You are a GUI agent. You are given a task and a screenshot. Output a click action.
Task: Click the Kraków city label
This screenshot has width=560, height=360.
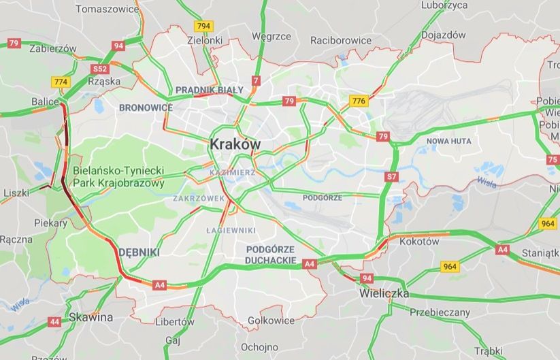click(x=235, y=144)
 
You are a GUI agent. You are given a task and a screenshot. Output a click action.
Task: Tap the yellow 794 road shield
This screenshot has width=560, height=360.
click(x=203, y=26)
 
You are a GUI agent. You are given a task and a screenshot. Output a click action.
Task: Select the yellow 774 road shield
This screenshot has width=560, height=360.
click(x=61, y=82)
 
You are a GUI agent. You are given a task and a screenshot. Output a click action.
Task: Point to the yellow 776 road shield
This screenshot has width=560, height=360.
click(x=359, y=101)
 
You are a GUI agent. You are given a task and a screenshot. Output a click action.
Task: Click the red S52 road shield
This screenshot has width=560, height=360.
click(x=100, y=69)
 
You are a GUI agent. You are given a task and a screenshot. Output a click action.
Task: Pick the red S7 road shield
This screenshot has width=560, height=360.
click(x=391, y=177)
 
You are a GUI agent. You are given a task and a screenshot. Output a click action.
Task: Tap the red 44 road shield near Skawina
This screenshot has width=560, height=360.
click(x=54, y=321)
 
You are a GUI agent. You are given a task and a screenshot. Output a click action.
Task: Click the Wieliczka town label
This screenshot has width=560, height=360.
click(x=384, y=294)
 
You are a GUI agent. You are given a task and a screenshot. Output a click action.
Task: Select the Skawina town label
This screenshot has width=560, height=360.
click(x=90, y=317)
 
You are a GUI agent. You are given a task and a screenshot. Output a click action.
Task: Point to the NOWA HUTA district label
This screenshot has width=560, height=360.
click(x=448, y=141)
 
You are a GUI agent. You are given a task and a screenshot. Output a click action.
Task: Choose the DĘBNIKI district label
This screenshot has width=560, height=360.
click(x=139, y=252)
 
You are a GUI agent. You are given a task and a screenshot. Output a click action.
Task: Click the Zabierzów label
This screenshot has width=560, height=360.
click(x=53, y=48)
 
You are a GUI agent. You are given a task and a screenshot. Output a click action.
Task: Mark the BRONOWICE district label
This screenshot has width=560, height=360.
click(x=146, y=108)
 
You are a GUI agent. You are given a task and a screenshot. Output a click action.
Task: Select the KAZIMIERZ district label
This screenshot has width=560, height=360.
click(x=233, y=173)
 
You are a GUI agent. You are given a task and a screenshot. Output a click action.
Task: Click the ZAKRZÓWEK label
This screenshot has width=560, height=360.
click(x=199, y=199)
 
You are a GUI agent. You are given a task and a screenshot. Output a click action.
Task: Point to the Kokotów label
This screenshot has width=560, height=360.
click(x=419, y=242)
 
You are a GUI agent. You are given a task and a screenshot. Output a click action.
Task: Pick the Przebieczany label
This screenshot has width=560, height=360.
click(x=440, y=312)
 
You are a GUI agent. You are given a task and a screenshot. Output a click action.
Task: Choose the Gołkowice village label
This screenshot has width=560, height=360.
click(x=271, y=321)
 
